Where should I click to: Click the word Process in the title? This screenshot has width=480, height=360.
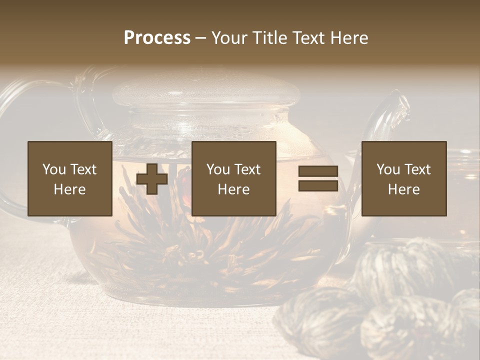(x=157, y=38)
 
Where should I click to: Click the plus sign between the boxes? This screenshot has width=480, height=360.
(x=152, y=179)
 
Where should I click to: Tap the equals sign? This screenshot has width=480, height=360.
(x=318, y=179)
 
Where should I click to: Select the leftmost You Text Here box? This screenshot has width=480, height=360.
(x=70, y=178)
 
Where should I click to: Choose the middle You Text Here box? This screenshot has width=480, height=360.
(x=234, y=178)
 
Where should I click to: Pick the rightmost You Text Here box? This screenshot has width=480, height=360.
(x=404, y=178)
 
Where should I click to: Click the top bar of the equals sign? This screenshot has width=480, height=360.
(x=318, y=171)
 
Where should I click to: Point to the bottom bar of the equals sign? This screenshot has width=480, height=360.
(x=318, y=186)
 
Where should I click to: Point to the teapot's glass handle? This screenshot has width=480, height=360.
(x=20, y=150)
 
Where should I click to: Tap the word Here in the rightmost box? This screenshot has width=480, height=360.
(x=404, y=189)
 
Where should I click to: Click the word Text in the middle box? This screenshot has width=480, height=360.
(x=247, y=169)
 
